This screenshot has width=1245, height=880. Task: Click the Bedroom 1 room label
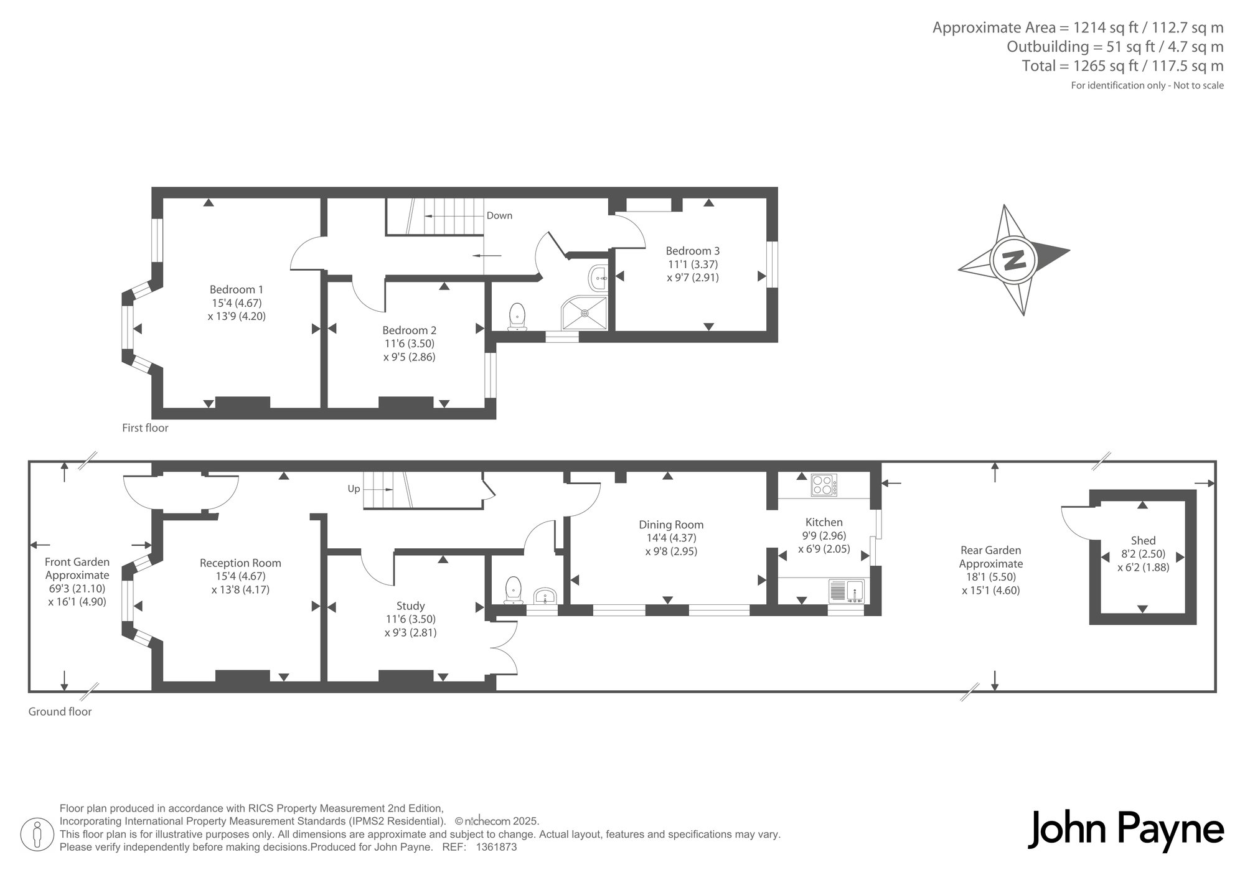point(237,289)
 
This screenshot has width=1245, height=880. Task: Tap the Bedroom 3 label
point(693,251)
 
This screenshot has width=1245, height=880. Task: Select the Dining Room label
point(671,525)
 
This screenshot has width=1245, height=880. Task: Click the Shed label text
point(1143,541)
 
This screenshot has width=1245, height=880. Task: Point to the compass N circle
point(1013,260)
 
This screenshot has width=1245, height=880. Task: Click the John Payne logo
point(1125,830)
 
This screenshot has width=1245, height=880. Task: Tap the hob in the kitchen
point(824,485)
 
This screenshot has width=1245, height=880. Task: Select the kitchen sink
point(847,591)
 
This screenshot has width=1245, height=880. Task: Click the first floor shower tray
point(585,312)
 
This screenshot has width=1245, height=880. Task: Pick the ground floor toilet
point(513,590)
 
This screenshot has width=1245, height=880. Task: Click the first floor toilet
point(517,317)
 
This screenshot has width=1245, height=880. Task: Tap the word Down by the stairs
point(499,215)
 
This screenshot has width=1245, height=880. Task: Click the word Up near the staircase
point(354,489)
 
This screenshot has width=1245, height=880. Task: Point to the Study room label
point(410,606)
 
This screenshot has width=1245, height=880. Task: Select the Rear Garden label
point(991,550)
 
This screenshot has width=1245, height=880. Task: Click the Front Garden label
point(77,562)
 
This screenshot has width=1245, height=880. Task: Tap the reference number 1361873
point(496,847)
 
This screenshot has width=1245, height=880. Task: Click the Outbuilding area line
point(1115,47)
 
